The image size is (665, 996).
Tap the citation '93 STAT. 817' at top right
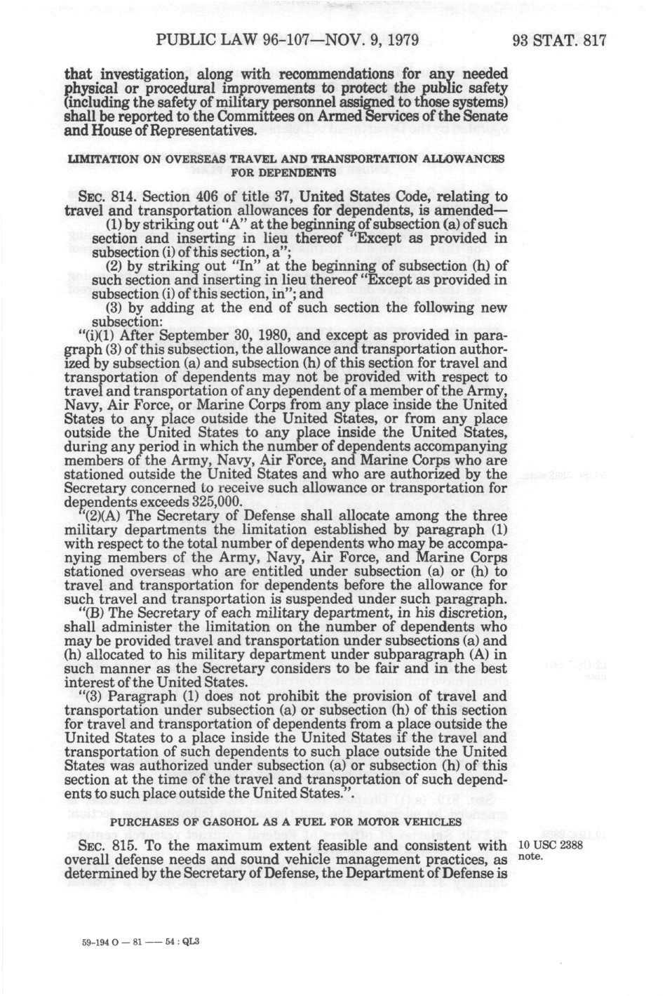(x=558, y=40)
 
